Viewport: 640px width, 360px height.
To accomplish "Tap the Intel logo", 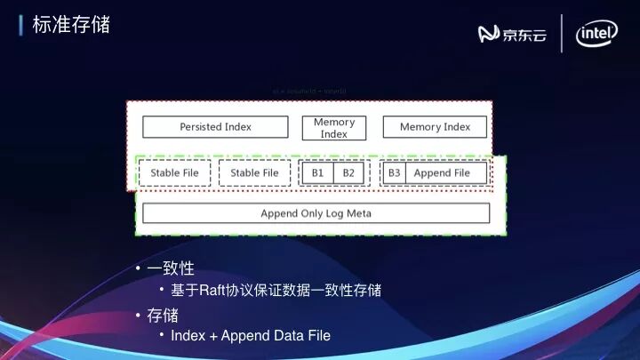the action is [x=596, y=34].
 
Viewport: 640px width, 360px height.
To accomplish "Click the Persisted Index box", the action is [x=215, y=127].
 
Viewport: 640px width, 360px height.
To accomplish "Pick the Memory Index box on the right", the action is [x=435, y=127].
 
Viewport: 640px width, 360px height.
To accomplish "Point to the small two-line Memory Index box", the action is [x=334, y=128].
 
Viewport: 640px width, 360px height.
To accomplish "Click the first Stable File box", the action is [x=174, y=172].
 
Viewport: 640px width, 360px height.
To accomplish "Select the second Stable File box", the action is [x=254, y=172].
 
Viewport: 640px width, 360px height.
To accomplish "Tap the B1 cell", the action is [x=317, y=172].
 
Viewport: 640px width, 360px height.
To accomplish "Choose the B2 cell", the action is [x=348, y=172].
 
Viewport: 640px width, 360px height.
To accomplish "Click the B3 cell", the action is [x=395, y=172].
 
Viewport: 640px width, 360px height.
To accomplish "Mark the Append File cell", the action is [x=442, y=172].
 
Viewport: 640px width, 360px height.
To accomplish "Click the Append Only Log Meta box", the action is [x=316, y=213].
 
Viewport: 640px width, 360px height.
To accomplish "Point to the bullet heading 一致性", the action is [x=171, y=268].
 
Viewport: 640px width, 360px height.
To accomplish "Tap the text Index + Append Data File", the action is [x=251, y=336].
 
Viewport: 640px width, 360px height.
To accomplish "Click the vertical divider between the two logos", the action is [x=562, y=34].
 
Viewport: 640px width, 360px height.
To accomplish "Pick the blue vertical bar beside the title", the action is [x=21, y=25].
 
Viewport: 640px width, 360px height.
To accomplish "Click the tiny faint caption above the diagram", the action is [x=310, y=92].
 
